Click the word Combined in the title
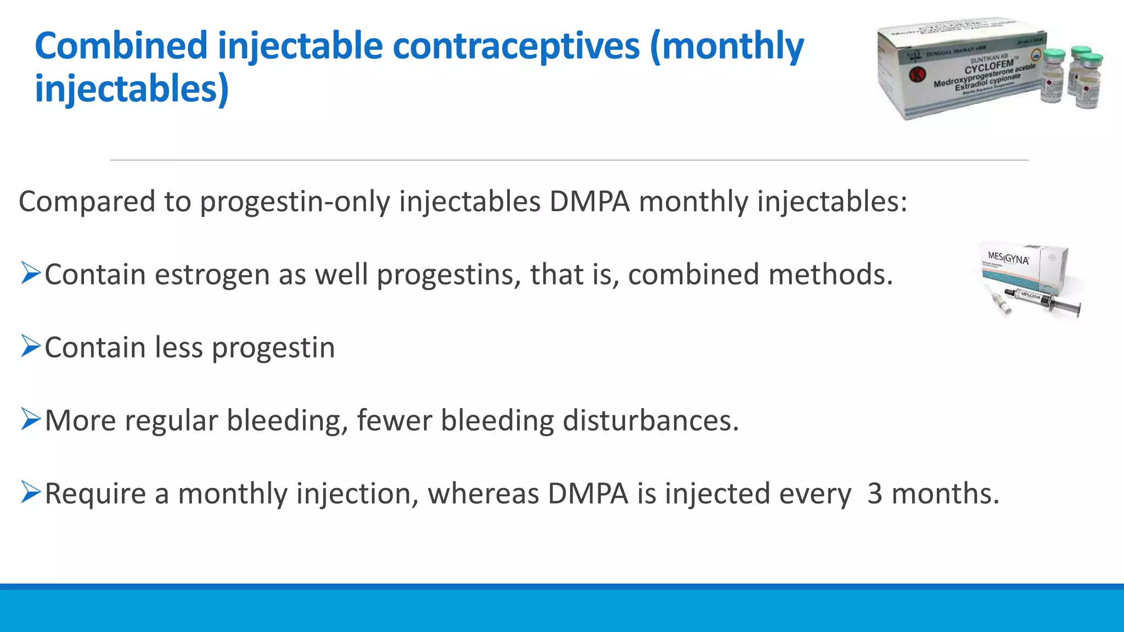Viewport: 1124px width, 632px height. point(121,46)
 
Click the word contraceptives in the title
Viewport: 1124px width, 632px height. point(516,46)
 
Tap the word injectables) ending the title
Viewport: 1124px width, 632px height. point(132,89)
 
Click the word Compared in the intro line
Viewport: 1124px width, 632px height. point(87,202)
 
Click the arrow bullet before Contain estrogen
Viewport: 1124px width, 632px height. point(31,273)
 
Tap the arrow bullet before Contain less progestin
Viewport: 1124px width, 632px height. point(31,346)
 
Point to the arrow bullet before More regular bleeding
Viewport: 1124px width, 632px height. point(31,419)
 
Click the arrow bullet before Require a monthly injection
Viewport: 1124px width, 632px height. point(31,492)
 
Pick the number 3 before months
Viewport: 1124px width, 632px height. point(874,494)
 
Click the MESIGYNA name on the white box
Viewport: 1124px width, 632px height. point(1008,258)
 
